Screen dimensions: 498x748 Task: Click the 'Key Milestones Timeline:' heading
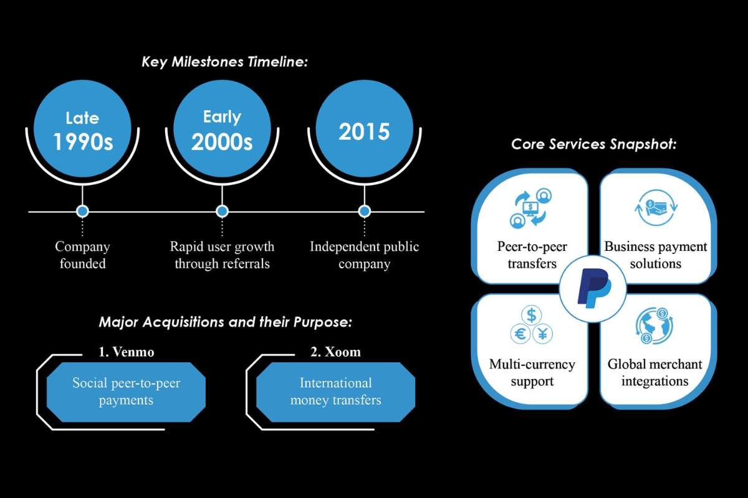(x=225, y=62)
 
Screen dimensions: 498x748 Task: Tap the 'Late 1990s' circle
(x=82, y=132)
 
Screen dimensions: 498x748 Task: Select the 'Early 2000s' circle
(x=222, y=132)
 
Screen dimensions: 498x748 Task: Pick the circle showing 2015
(x=365, y=132)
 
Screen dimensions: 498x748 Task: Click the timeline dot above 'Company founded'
(x=82, y=212)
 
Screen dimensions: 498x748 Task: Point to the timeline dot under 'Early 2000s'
(x=222, y=212)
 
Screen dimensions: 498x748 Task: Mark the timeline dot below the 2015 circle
(x=365, y=212)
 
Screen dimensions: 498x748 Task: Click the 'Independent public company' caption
(x=365, y=255)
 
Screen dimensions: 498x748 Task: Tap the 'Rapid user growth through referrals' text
(x=222, y=255)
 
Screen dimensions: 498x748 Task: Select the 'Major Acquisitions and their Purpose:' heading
(x=226, y=322)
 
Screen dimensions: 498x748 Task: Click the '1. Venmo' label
(x=126, y=352)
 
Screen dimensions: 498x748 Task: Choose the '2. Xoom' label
(x=335, y=352)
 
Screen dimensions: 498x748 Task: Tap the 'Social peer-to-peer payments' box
(x=126, y=392)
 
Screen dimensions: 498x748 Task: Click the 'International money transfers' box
(x=335, y=392)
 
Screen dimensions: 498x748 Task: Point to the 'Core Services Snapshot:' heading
(x=593, y=144)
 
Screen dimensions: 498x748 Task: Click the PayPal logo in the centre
(x=593, y=287)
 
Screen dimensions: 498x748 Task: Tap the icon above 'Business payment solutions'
(x=655, y=209)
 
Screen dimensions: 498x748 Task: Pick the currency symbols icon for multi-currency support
(x=531, y=326)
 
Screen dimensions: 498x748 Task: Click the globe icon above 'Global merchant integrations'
(x=654, y=326)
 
